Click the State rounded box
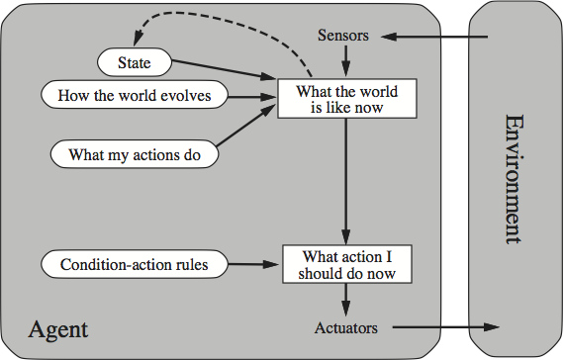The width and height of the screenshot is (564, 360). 135,62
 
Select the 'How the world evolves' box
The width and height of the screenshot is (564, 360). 136,96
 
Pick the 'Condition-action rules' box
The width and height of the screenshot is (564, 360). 134,264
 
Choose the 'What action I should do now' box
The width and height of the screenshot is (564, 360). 345,264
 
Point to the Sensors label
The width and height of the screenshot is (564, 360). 343,36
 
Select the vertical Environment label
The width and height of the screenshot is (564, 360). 516,178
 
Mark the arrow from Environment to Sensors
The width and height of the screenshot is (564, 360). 435,38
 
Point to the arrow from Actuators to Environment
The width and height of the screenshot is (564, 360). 445,326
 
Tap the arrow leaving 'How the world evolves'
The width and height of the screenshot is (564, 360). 252,97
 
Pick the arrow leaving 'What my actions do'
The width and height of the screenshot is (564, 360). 247,129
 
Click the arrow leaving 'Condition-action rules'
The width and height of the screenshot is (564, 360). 255,264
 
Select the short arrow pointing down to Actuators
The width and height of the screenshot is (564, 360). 345,298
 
